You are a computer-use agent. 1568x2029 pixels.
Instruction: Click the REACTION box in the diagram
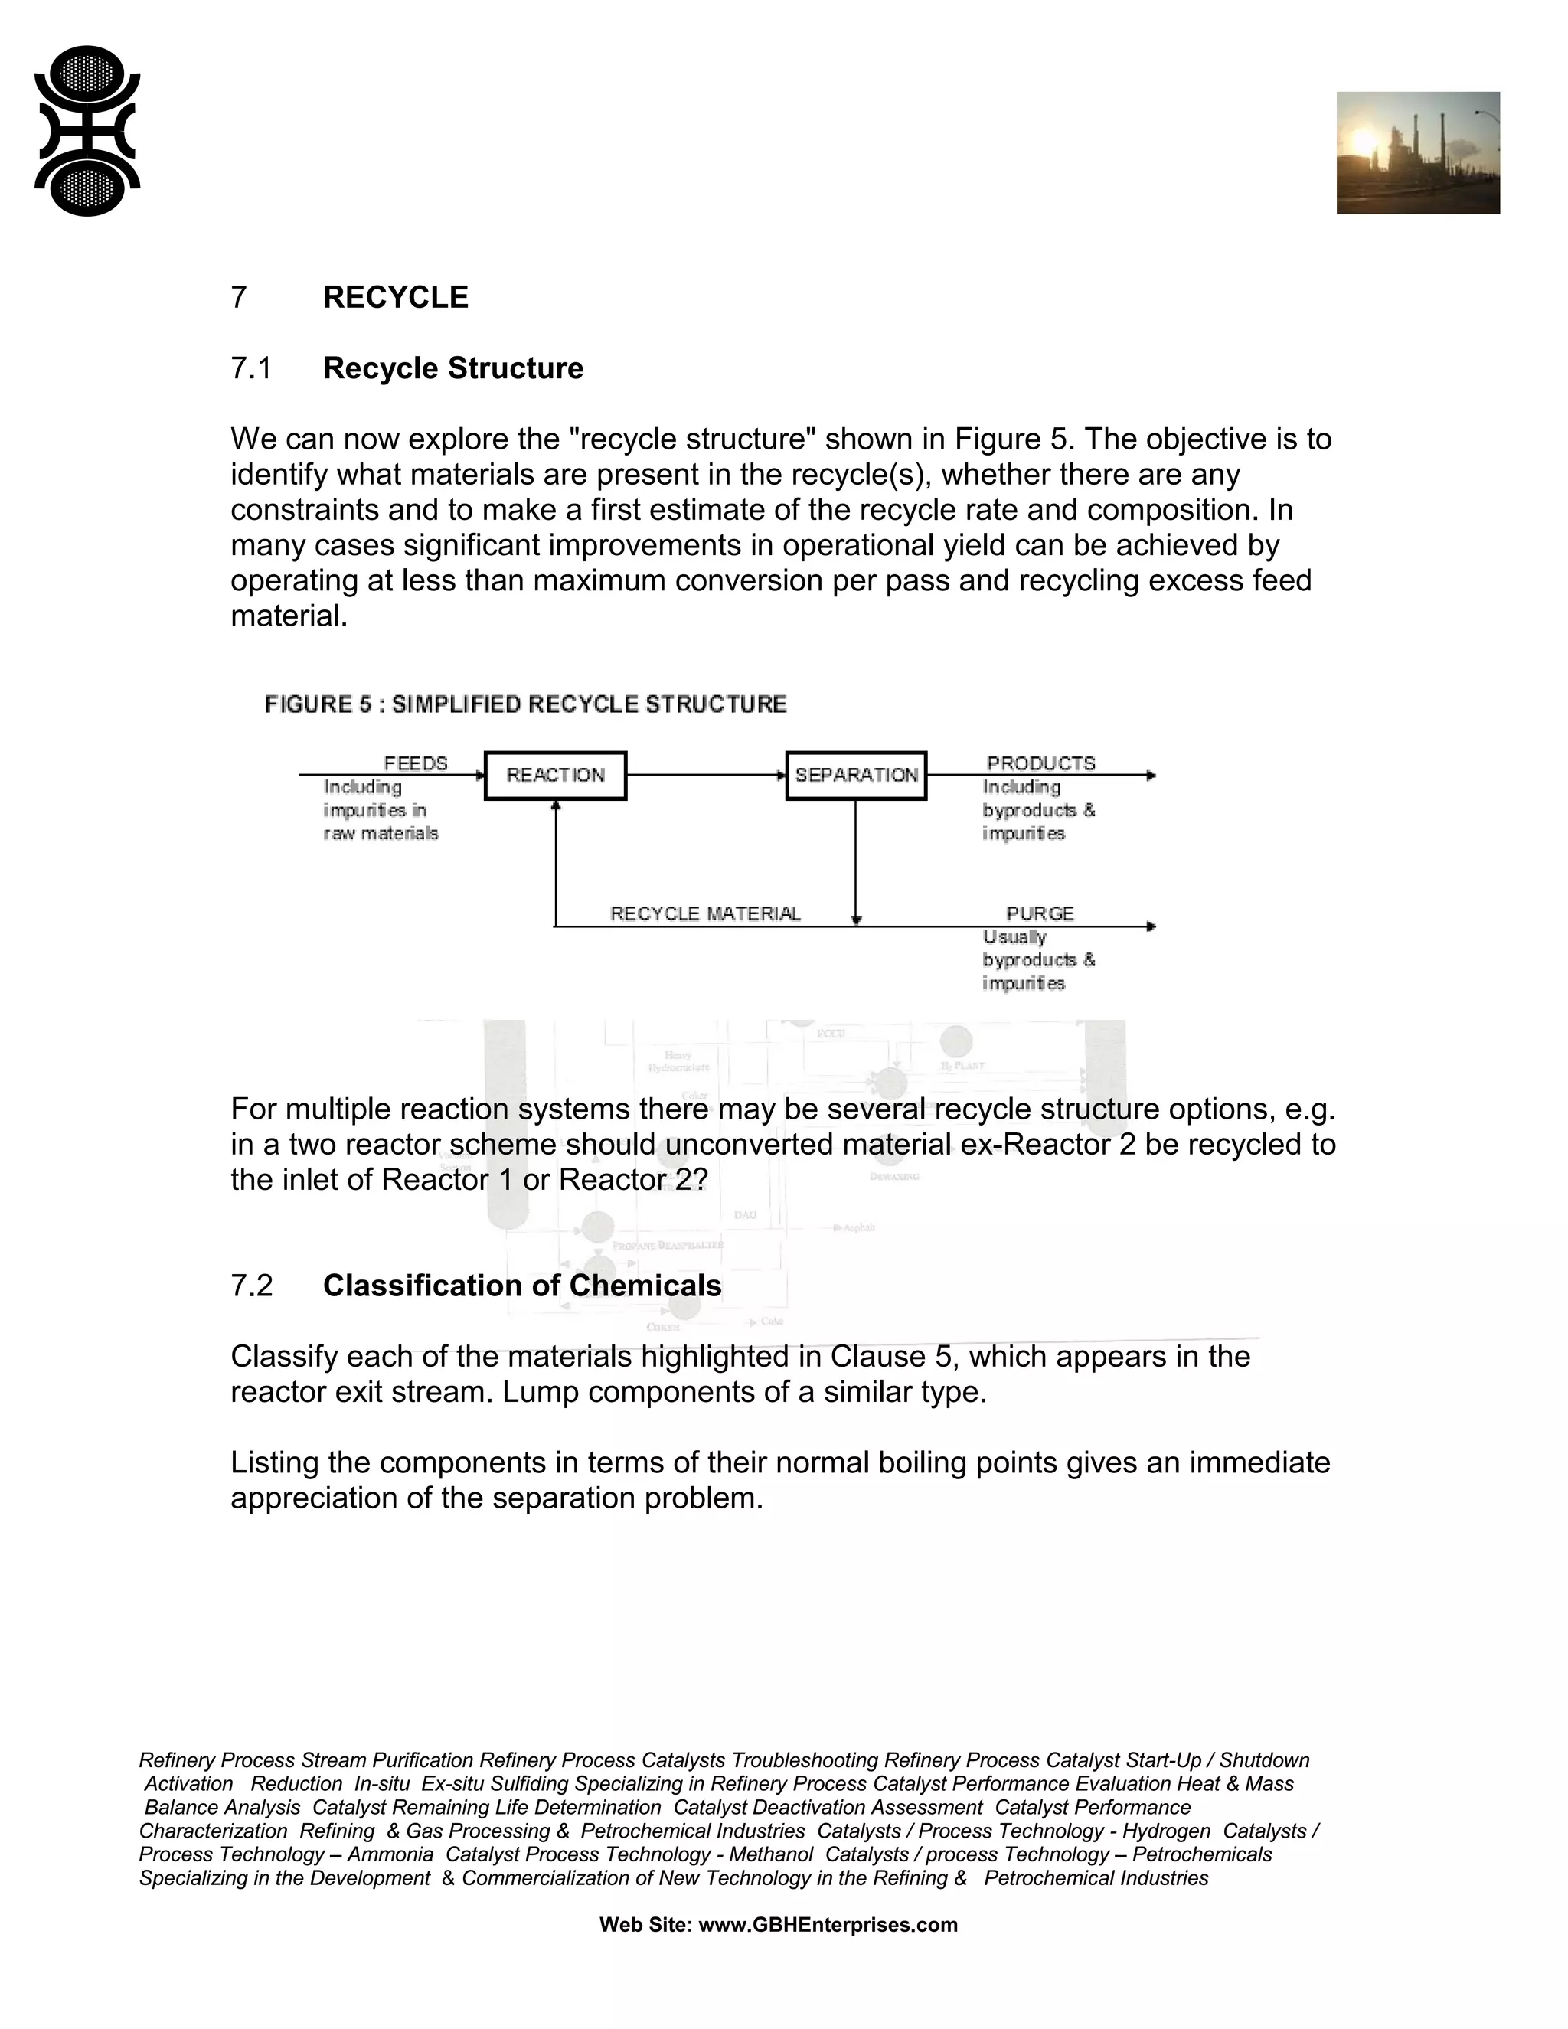(556, 776)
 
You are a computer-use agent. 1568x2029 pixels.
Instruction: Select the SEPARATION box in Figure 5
(855, 776)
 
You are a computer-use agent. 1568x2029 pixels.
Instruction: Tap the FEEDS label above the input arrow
(415, 763)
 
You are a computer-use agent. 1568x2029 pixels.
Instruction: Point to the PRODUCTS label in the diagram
(1040, 763)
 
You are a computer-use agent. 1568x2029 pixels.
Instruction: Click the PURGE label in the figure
(1040, 913)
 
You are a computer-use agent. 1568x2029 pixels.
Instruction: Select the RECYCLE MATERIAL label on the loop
(705, 913)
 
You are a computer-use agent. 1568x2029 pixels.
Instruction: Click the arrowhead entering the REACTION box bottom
(556, 805)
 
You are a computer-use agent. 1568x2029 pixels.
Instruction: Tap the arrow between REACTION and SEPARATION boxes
(706, 775)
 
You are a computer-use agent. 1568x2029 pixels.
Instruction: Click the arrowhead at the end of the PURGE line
(1151, 926)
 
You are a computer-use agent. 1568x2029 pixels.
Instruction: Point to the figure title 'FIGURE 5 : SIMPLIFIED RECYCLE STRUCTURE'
(526, 704)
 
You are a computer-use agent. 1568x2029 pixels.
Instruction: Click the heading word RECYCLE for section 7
(396, 297)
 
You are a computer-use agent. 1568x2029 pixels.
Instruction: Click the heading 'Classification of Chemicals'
(522, 1286)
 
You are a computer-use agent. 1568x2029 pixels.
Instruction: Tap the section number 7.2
(251, 1286)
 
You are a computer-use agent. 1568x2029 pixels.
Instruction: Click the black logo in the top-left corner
(87, 131)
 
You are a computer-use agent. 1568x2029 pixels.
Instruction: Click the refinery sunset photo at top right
(1417, 152)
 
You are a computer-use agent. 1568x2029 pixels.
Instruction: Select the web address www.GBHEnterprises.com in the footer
(828, 1925)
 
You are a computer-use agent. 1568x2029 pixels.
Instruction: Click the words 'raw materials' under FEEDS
(381, 833)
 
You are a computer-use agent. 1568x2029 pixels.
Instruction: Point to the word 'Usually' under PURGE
(1014, 937)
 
